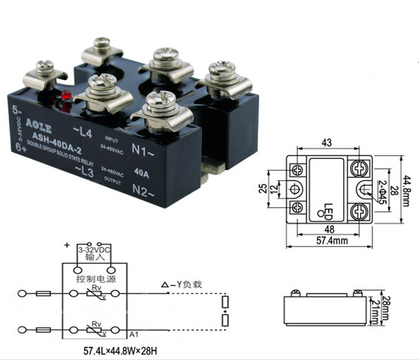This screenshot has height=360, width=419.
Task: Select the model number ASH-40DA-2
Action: (x=57, y=138)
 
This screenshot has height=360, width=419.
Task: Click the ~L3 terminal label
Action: (x=84, y=171)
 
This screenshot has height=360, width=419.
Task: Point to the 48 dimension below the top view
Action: (x=327, y=229)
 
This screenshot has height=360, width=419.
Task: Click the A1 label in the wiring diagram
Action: (x=133, y=335)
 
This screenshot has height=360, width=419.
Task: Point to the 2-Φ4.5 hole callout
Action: (x=381, y=193)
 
